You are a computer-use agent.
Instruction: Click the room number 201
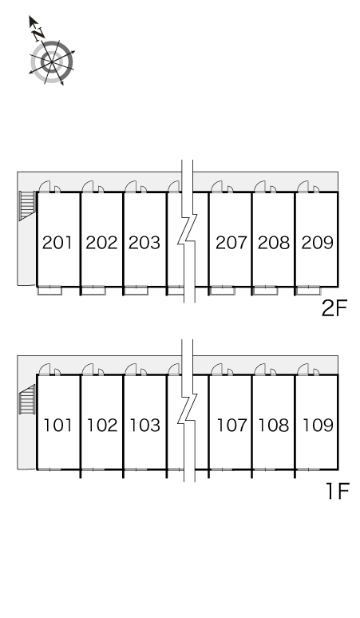click(x=57, y=243)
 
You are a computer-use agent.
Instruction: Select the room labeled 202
click(x=101, y=243)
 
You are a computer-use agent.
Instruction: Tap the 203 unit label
click(x=144, y=243)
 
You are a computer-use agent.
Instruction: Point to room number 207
click(x=231, y=243)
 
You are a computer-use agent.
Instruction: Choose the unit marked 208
click(x=274, y=243)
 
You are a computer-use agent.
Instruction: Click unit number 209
click(x=318, y=243)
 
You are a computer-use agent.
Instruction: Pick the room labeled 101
click(x=58, y=426)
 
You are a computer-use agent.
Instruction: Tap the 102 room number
click(x=102, y=426)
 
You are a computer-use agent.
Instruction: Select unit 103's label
click(x=145, y=426)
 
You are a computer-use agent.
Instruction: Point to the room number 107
click(x=232, y=426)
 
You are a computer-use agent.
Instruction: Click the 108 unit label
click(x=274, y=426)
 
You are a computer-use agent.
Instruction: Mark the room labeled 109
click(x=318, y=426)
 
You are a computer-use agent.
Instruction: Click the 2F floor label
click(x=334, y=309)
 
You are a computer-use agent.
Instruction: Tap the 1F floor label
click(x=338, y=491)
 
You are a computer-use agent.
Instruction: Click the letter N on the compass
click(x=38, y=34)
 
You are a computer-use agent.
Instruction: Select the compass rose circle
click(x=52, y=61)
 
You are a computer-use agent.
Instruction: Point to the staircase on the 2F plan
click(x=27, y=205)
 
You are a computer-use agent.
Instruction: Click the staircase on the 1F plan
click(x=27, y=399)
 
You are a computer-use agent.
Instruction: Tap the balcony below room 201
click(x=50, y=291)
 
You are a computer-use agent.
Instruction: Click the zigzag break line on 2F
click(x=187, y=231)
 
